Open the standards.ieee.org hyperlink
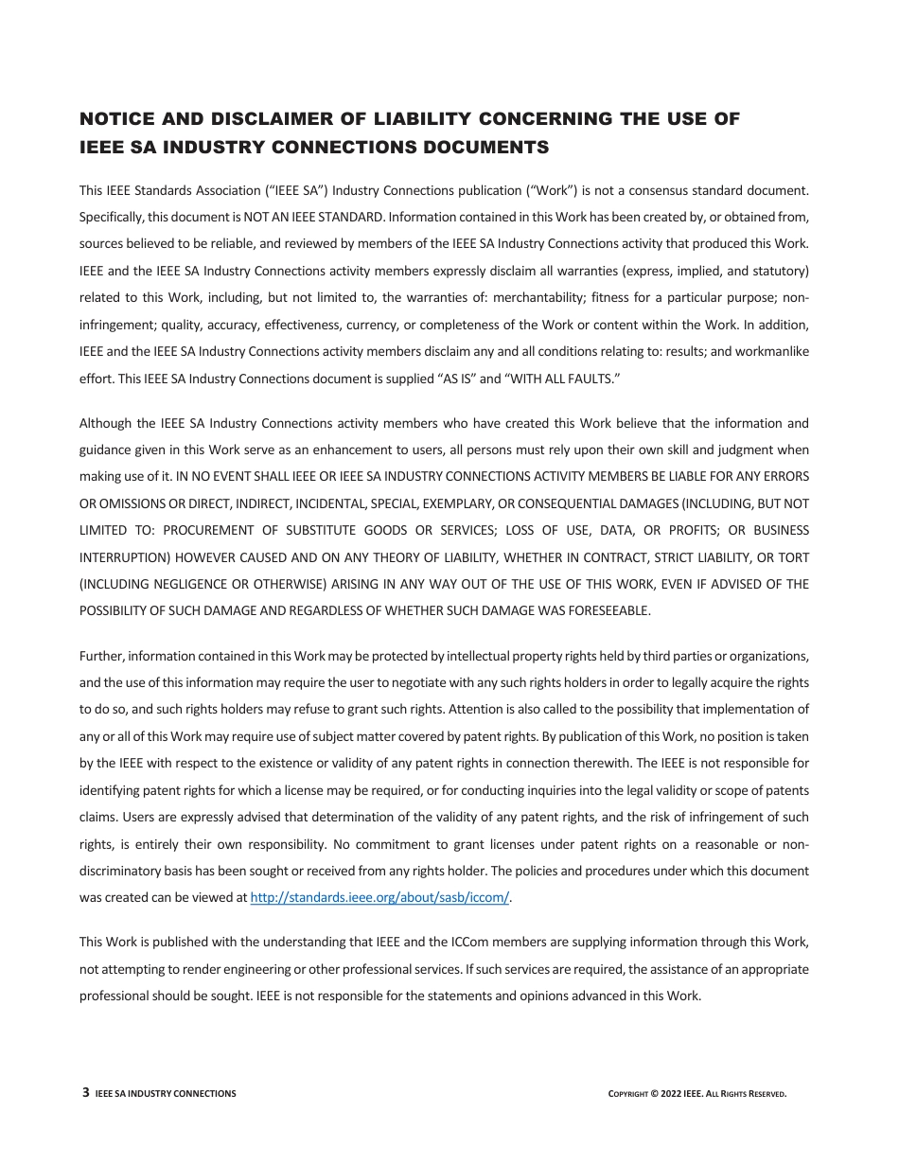tap(379, 898)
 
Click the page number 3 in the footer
tap(86, 1093)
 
